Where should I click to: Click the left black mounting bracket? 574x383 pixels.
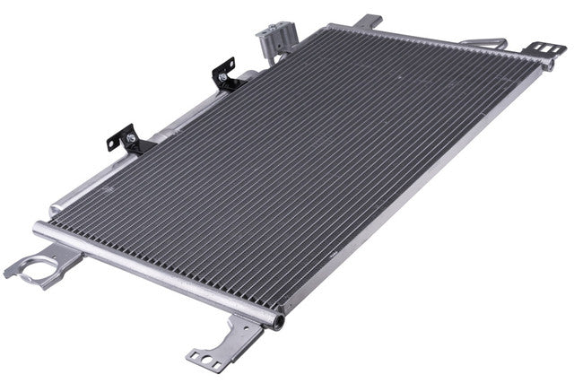[123, 139]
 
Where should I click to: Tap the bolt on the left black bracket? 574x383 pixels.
[132, 138]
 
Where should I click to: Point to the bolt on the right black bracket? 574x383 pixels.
[222, 78]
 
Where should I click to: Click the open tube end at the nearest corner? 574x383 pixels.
[279, 320]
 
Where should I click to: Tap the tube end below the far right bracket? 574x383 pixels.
[548, 65]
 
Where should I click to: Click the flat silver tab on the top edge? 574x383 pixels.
[369, 21]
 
